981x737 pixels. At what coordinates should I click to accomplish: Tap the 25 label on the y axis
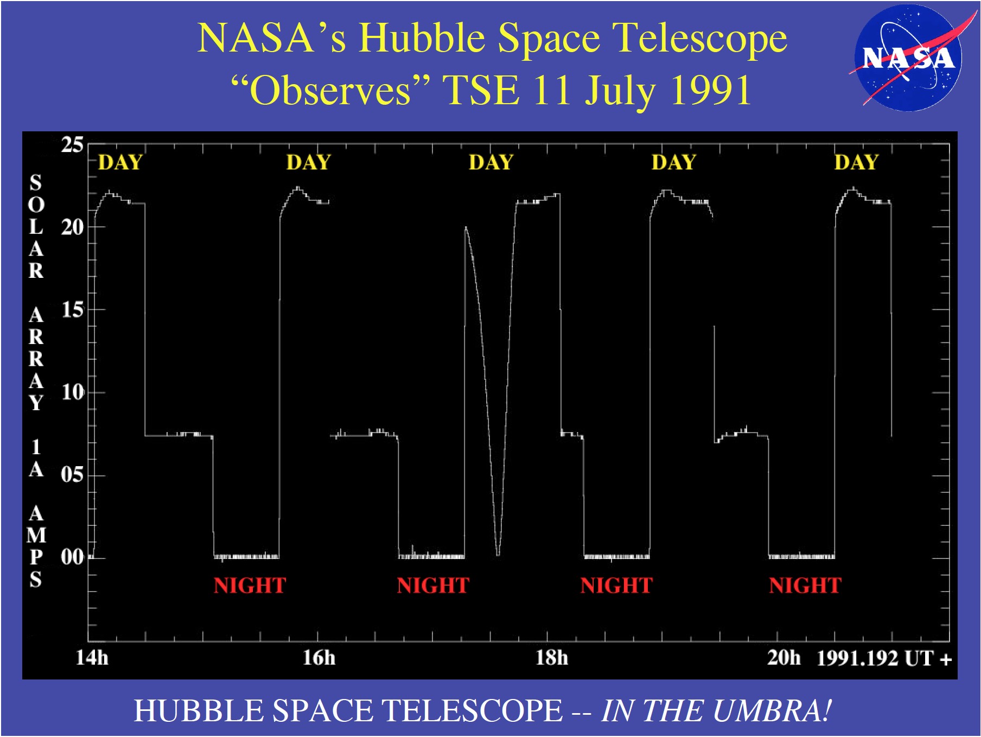72,145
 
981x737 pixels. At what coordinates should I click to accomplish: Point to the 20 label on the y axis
72,227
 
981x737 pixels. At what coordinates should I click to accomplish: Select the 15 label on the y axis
72,310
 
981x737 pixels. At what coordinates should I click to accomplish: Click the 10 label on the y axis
72,392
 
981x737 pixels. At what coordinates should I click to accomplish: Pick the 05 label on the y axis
72,475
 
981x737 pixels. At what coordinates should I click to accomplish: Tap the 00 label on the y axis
72,557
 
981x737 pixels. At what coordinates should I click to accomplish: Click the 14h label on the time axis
92,658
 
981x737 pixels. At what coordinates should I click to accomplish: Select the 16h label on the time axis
319,658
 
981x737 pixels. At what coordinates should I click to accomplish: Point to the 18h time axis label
552,658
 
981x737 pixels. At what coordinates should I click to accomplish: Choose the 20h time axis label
784,658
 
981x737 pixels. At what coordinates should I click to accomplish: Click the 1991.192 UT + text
884,658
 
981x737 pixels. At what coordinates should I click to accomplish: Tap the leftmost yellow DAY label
120,162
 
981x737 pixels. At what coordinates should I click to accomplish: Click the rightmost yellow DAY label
856,162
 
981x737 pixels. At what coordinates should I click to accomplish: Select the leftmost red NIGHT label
250,586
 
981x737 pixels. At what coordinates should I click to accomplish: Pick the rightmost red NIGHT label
805,586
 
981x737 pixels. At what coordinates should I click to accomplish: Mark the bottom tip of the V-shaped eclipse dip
498,555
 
